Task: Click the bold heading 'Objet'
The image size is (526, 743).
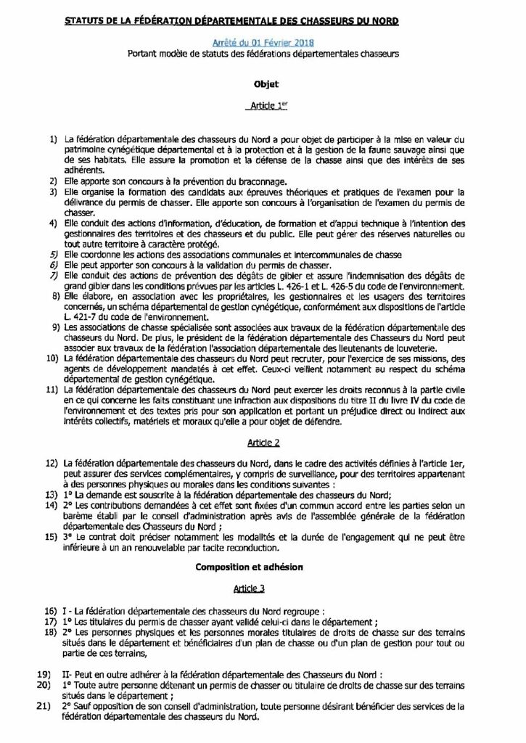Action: [263, 84]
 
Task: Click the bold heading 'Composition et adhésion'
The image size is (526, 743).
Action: [263, 563]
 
